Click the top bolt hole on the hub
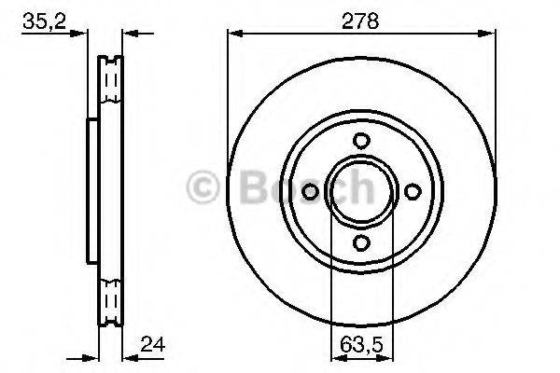click(x=361, y=142)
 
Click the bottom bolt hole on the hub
click(x=361, y=242)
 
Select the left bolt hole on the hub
click(x=312, y=192)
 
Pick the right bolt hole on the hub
click(x=411, y=192)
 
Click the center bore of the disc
click(x=361, y=192)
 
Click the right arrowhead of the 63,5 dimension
click(x=385, y=355)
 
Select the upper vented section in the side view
click(x=111, y=84)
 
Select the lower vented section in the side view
click(x=111, y=298)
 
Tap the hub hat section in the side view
click(x=92, y=192)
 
